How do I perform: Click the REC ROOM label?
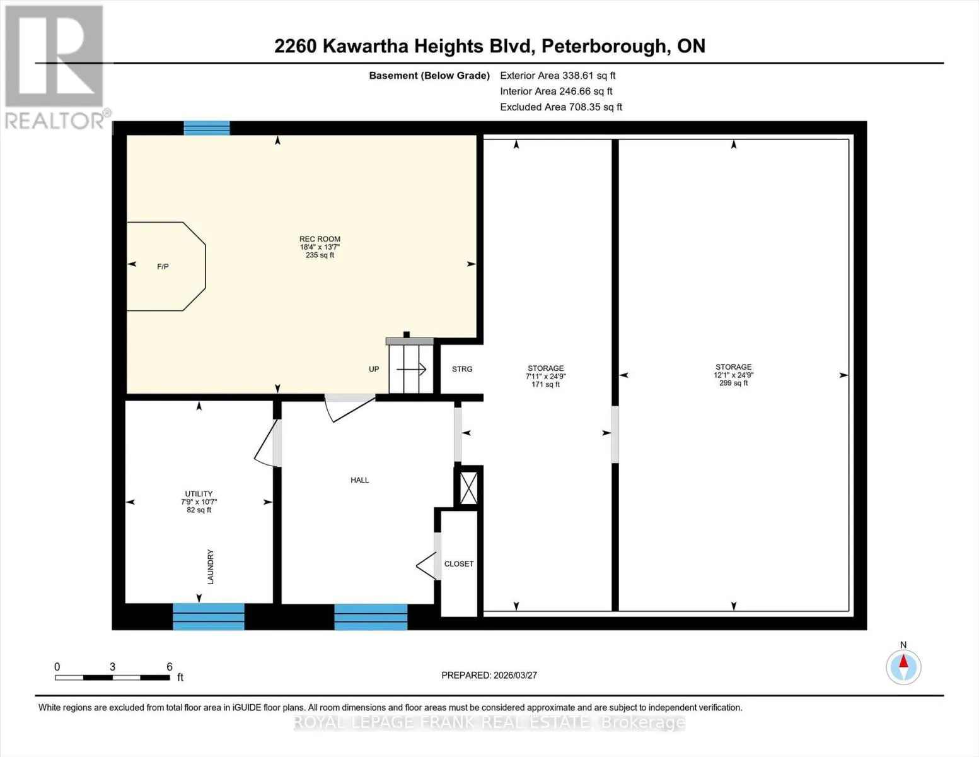(320, 239)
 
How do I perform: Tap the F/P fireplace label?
(163, 266)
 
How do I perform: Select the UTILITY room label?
(199, 494)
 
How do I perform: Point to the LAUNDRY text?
(211, 566)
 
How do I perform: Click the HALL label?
(359, 480)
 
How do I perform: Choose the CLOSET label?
(459, 563)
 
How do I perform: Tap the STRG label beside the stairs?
(462, 369)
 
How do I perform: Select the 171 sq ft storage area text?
(545, 385)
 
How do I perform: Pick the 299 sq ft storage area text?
(733, 384)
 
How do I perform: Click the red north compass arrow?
(903, 661)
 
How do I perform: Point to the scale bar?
(113, 678)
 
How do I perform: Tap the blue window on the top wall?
(207, 128)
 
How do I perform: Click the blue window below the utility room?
(209, 616)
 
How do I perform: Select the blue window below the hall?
(371, 617)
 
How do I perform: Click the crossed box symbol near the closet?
(468, 488)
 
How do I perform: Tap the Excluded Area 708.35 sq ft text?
(561, 107)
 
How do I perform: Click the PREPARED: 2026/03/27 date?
(489, 675)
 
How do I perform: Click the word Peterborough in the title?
(604, 46)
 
